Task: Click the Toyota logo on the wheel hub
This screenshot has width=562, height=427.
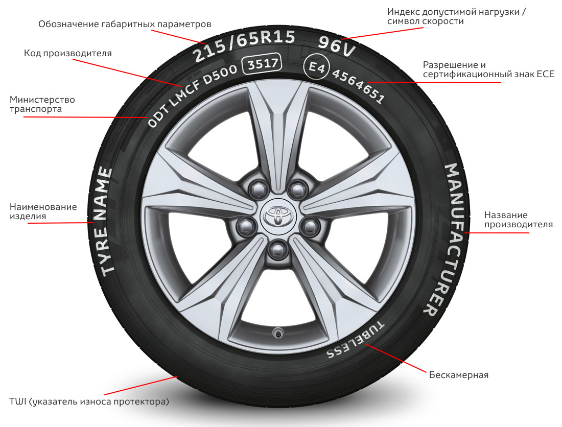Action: (x=277, y=215)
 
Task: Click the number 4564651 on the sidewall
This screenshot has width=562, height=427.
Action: (x=358, y=86)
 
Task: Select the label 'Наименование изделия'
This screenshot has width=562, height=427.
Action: (x=43, y=211)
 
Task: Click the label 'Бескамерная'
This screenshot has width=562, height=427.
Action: (x=459, y=375)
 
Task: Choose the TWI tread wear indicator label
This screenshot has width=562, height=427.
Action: (x=89, y=401)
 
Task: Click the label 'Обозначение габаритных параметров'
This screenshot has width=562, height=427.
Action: (x=125, y=24)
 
